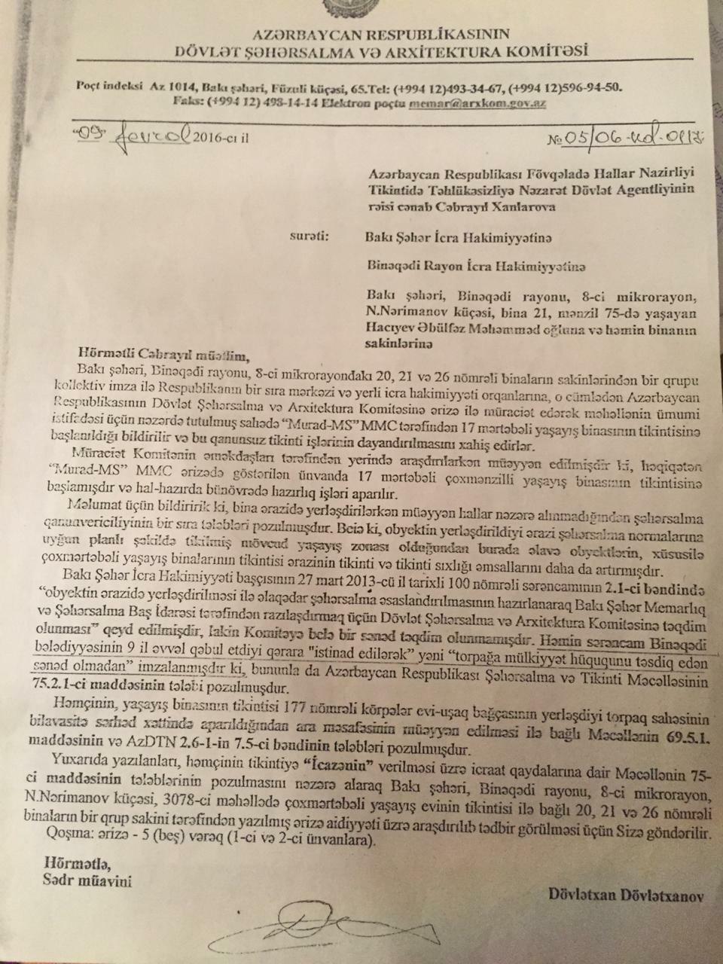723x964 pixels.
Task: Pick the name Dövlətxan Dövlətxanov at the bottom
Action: pyautogui.click(x=624, y=895)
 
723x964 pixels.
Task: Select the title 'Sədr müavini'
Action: pyautogui.click(x=87, y=880)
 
